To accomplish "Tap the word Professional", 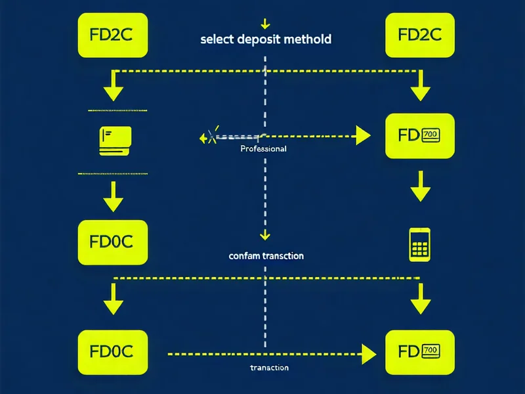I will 263,149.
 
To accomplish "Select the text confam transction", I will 266,255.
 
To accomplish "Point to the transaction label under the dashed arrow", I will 269,368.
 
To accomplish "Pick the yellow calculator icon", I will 419,244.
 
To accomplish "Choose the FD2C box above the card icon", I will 114,35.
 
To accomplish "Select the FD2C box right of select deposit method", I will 419,35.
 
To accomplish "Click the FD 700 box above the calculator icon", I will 419,136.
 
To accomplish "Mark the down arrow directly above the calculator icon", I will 420,187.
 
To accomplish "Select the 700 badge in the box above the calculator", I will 430,135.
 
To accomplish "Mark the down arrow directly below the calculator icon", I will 420,299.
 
